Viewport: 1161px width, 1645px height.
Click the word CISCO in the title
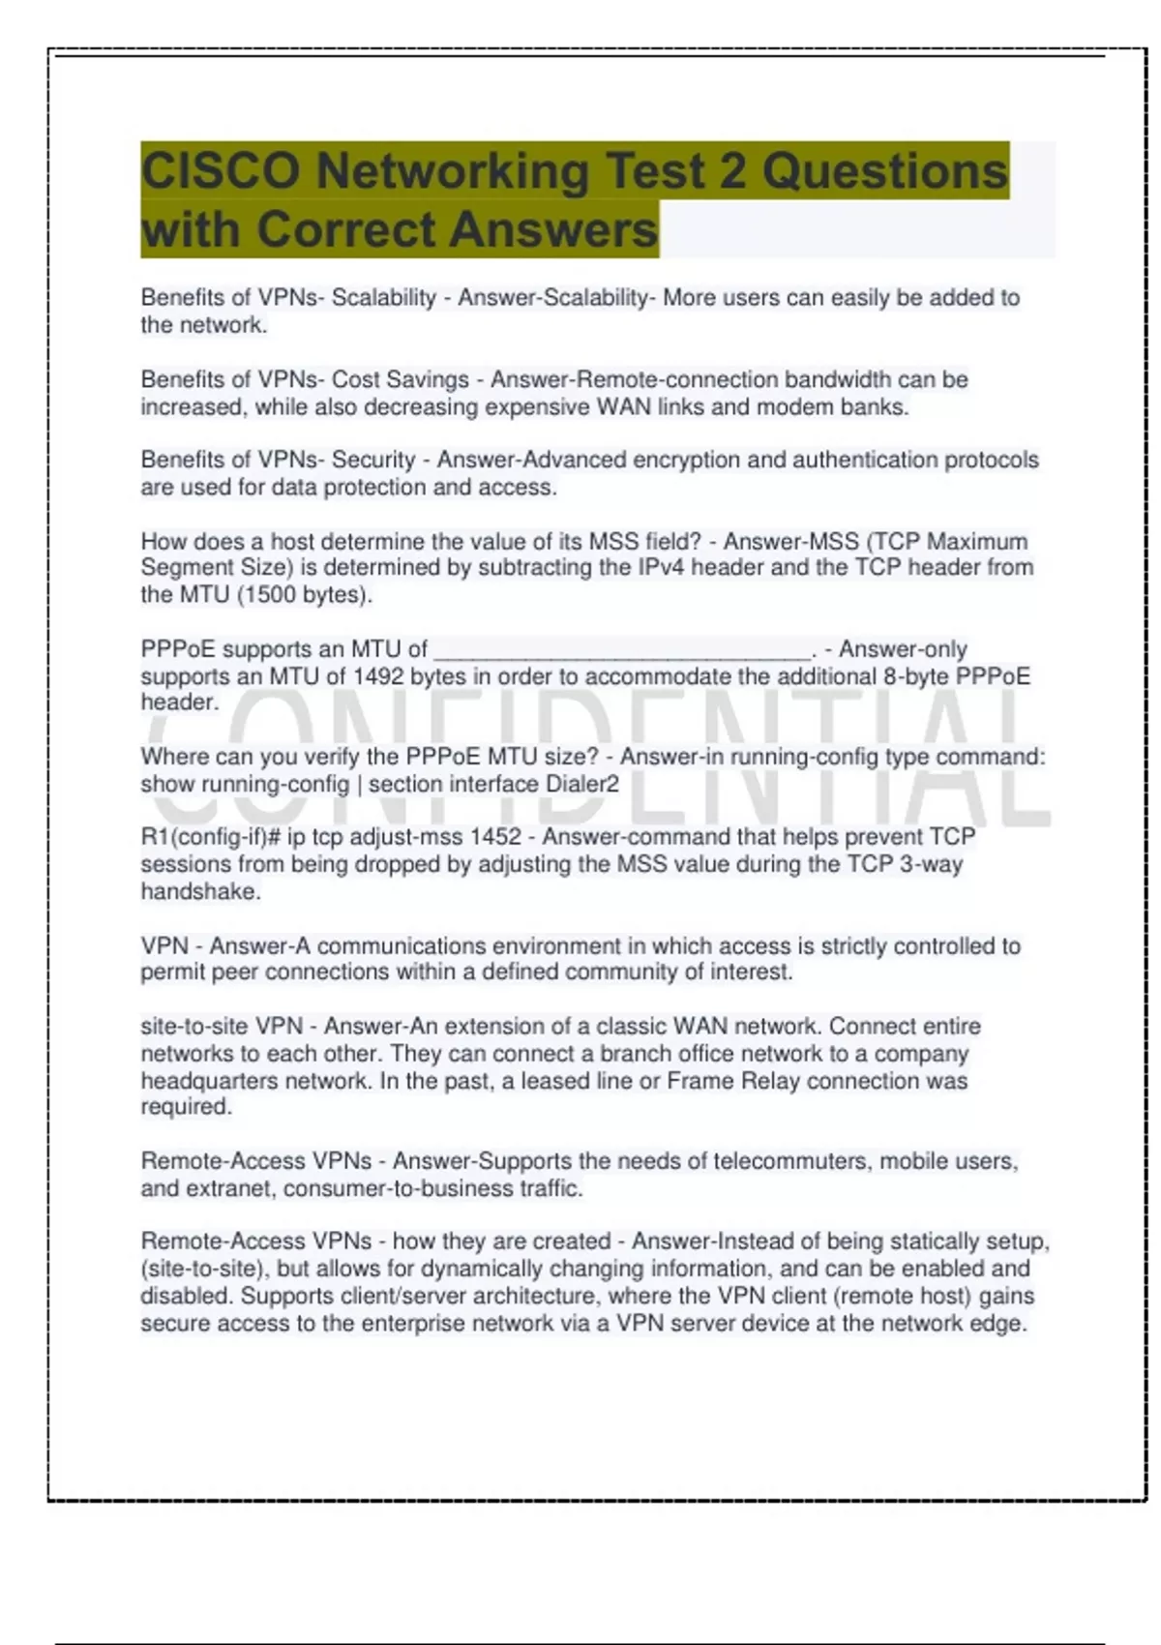coord(221,171)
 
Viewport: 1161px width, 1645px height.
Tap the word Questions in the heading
coord(884,171)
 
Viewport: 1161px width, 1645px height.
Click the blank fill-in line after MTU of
coord(622,650)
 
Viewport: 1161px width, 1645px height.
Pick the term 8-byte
coord(916,676)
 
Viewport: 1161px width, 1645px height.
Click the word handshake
coord(199,892)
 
